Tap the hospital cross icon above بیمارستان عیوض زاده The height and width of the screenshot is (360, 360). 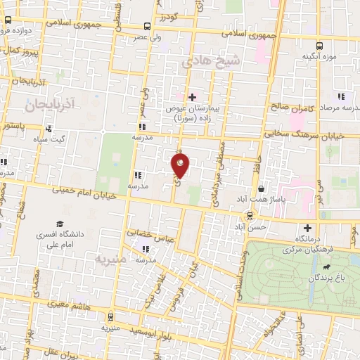[x=191, y=96]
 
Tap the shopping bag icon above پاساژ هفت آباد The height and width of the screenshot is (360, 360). [x=261, y=189]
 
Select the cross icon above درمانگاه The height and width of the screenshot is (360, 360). [x=307, y=228]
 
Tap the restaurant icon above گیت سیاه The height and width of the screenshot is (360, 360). [x=49, y=129]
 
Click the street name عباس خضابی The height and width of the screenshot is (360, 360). [x=146, y=230]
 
